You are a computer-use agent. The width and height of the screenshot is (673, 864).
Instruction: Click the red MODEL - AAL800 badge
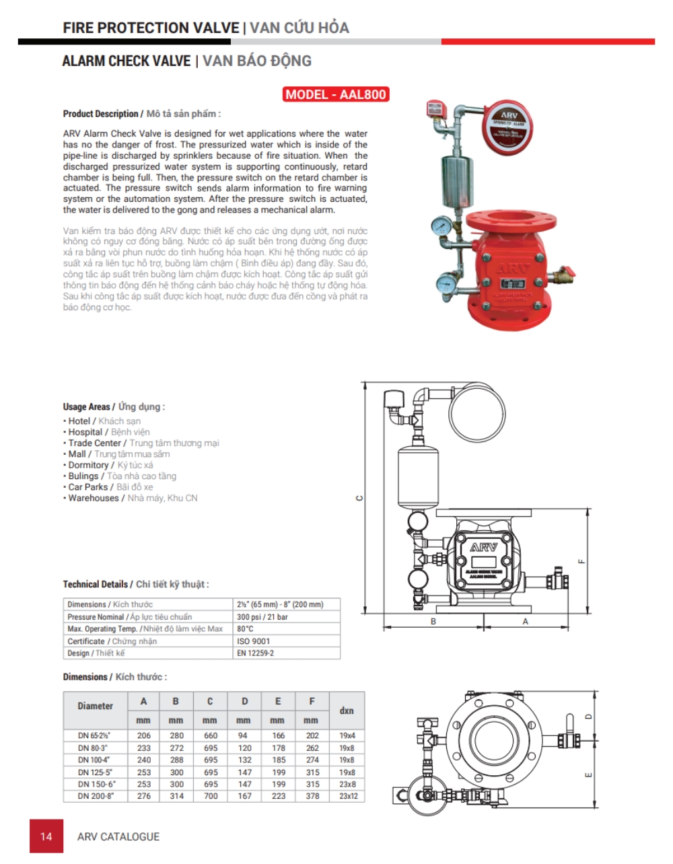pos(336,94)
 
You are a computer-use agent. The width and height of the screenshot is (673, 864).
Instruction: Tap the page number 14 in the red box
pos(46,836)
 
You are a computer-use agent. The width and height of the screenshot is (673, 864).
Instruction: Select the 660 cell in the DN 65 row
pos(210,735)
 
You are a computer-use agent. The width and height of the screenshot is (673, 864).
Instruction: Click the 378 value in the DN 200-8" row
pos(312,796)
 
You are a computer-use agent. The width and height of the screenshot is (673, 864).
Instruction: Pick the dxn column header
pos(347,711)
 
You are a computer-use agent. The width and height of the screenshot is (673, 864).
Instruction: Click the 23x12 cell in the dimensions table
pos(347,796)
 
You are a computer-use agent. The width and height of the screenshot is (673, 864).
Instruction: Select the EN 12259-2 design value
pos(255,653)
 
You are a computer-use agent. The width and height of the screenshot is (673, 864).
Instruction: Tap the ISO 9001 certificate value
pos(252,641)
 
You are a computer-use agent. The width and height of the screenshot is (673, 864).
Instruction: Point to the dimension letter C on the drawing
pos(359,498)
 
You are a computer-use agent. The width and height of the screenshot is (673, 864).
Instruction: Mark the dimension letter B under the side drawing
pos(433,622)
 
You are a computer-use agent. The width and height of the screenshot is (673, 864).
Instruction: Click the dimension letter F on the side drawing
pos(582,561)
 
